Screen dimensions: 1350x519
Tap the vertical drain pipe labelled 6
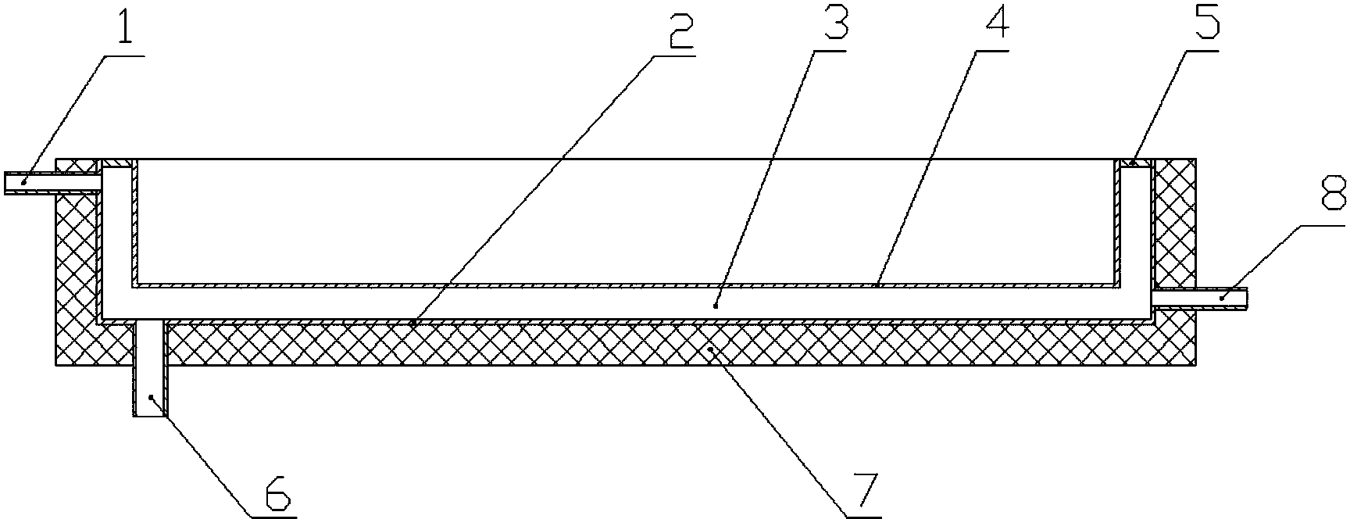150,367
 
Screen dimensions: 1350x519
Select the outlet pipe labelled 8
1200,298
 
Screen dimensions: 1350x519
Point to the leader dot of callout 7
709,351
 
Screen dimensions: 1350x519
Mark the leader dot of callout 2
413,321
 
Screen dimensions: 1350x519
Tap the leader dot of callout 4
877,285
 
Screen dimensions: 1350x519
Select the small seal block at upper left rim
115,163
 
